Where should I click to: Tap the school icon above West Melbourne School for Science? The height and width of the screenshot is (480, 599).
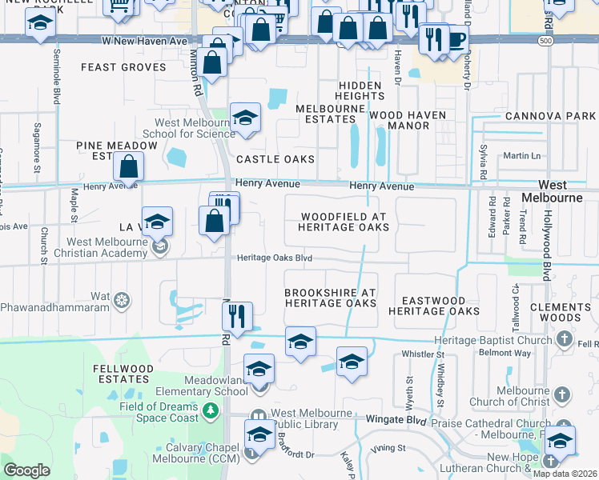[245, 118]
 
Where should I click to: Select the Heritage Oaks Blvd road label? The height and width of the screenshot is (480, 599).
[275, 258]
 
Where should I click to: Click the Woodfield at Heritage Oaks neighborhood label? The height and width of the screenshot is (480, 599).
[344, 222]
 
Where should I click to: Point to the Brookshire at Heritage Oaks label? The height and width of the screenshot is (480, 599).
[330, 298]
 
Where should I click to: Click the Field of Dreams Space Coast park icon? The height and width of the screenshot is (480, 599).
[211, 411]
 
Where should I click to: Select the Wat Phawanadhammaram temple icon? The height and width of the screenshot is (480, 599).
[121, 301]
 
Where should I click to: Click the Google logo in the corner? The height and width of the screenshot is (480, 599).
[26, 470]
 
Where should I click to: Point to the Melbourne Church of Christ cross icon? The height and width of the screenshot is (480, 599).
[562, 394]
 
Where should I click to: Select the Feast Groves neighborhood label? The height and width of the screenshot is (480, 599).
[123, 68]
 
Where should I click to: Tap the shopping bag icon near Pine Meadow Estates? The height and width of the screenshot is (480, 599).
[128, 168]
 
